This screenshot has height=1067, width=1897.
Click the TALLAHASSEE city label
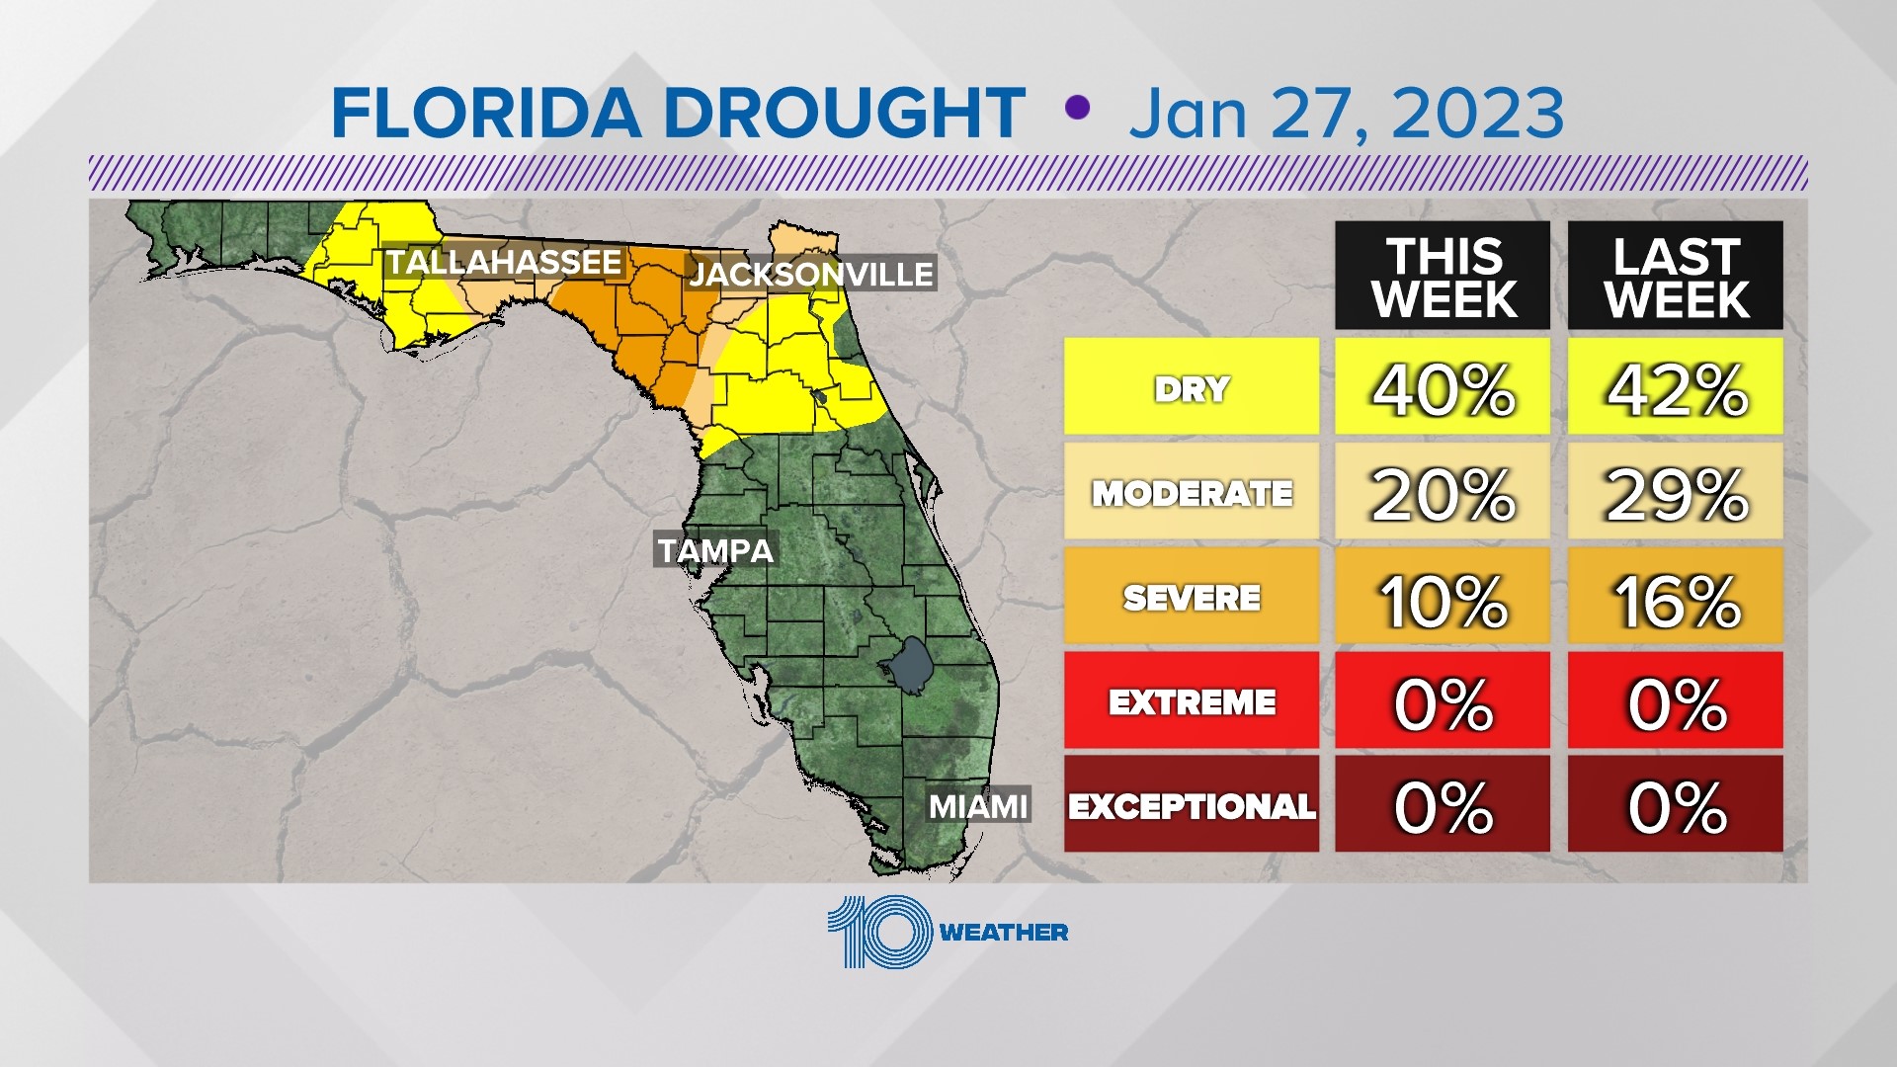[504, 263]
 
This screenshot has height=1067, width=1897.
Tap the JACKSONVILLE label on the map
[811, 274]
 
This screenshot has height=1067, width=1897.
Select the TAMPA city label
[716, 550]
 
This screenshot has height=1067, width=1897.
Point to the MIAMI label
[978, 806]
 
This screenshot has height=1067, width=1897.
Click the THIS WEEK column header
[1443, 277]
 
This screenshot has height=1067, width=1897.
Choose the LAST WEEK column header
[1676, 277]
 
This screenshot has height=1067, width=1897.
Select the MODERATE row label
[1192, 492]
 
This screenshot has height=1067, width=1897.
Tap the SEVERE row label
[1192, 597]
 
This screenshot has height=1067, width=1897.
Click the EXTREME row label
[1192, 701]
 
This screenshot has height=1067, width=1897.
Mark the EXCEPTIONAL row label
[1192, 806]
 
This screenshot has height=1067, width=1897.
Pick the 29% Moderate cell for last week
[1676, 492]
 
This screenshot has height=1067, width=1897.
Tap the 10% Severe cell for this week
[1443, 597]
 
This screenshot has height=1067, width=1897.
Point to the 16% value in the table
[1676, 597]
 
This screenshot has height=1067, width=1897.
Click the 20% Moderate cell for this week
[1443, 492]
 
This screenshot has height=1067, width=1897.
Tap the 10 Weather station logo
[947, 932]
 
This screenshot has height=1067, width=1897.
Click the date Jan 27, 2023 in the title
[1346, 114]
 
